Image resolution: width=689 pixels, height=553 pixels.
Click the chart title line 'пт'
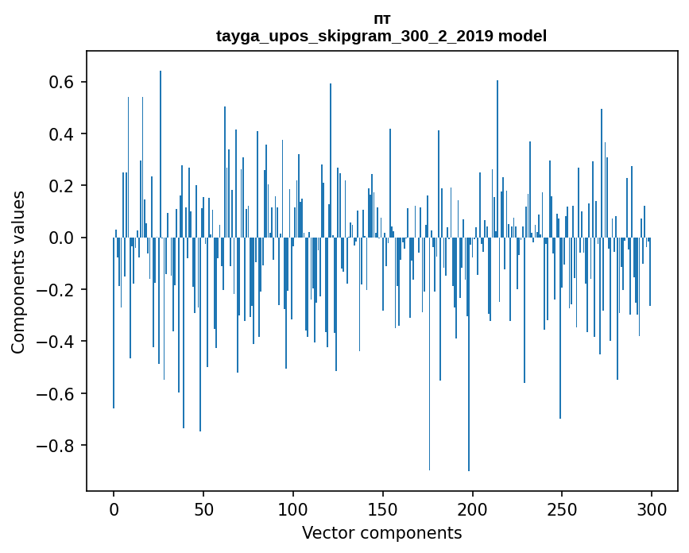click(x=381, y=19)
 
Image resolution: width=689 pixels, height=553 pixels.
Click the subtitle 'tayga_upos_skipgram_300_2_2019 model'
click(x=381, y=36)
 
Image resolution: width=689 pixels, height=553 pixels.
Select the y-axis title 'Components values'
click(x=18, y=272)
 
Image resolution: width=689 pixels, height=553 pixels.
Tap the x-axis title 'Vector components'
click(x=381, y=532)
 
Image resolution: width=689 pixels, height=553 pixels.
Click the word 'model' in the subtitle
click(x=522, y=36)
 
